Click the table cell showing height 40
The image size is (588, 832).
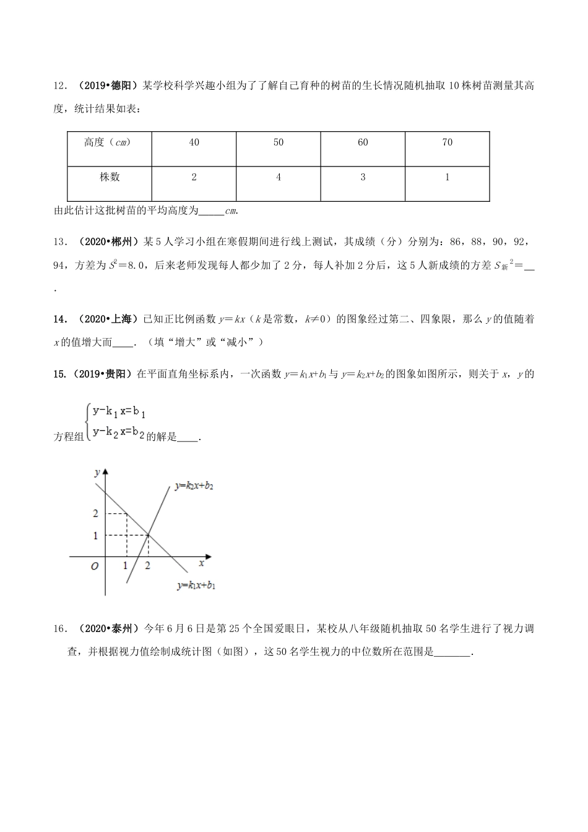click(x=194, y=142)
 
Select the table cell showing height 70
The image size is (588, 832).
click(x=447, y=142)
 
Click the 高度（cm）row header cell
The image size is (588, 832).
click(x=108, y=142)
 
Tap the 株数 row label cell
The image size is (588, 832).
click(x=110, y=177)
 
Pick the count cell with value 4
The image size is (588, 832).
click(x=279, y=177)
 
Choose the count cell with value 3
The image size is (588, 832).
click(x=363, y=177)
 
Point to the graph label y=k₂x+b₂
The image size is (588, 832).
click(x=194, y=487)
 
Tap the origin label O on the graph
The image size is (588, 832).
click(x=95, y=566)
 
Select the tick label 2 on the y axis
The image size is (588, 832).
click(x=95, y=514)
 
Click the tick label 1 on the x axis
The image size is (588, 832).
click(x=126, y=565)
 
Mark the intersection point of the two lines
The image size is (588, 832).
click(x=148, y=534)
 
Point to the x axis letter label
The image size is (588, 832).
click(x=201, y=563)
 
